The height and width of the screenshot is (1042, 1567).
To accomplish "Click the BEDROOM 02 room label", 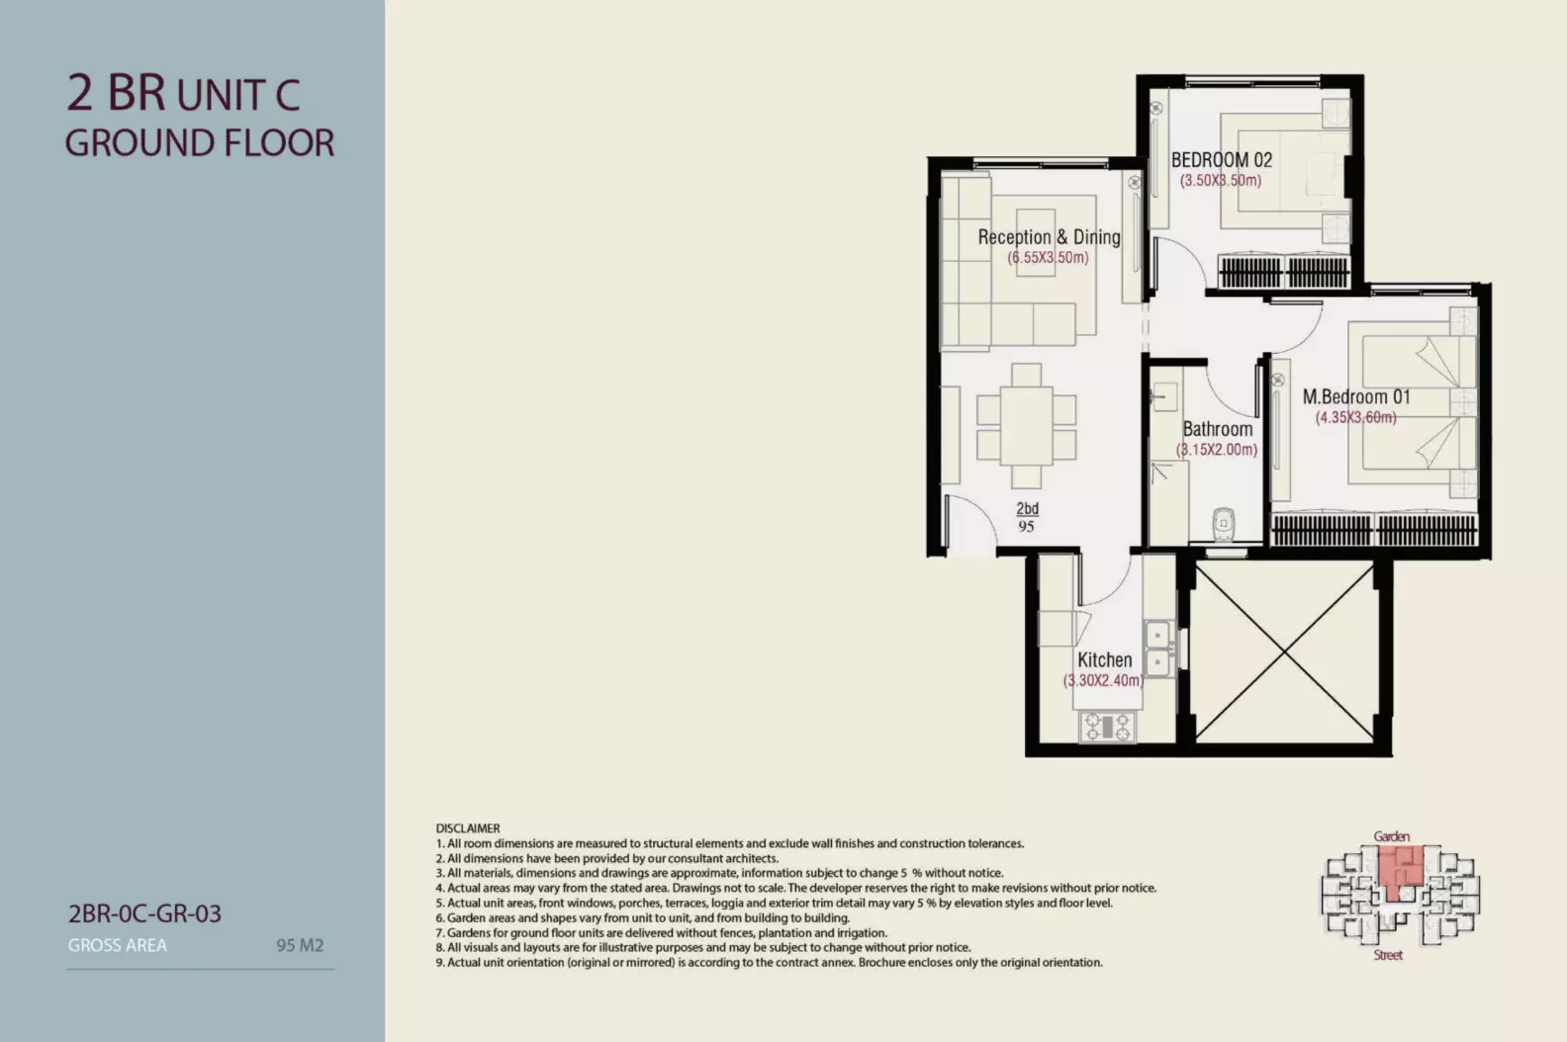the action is [1222, 160].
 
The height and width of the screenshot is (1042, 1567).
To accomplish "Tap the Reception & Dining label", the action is [1049, 237].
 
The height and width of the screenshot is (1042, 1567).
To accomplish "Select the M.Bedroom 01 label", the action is [1355, 397].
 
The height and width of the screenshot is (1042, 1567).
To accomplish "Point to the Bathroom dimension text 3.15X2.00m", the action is [1217, 450].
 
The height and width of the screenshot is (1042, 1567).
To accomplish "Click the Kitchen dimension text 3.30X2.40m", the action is [1104, 680].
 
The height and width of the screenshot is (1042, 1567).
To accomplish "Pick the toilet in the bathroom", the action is [1223, 524].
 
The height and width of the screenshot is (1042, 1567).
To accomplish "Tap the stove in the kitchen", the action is [1107, 727].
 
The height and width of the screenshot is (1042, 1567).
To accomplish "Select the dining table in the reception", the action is [1026, 426].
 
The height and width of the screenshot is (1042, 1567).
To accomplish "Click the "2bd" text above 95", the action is [1027, 508].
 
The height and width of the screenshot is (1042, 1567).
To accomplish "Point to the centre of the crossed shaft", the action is [1285, 652].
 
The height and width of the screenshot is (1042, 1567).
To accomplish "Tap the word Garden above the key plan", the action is [1392, 835].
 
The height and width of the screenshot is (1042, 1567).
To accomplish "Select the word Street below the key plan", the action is [1388, 955].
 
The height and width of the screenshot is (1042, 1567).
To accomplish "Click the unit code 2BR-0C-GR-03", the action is [144, 913].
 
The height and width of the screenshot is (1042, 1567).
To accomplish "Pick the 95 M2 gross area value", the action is [300, 945].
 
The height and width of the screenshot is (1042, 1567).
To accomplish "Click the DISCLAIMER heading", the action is [467, 828].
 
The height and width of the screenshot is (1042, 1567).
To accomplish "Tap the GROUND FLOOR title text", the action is [200, 142].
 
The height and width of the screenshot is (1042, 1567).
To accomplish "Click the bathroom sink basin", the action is [1164, 397].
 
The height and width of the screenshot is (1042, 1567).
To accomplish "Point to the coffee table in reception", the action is [1036, 242].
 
